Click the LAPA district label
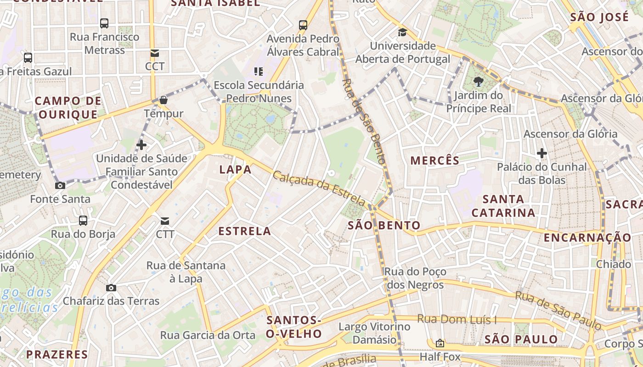pyautogui.click(x=235, y=170)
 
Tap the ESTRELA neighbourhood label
pyautogui.click(x=244, y=231)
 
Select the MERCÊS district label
pyautogui.click(x=434, y=161)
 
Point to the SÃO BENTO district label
pyautogui.click(x=384, y=225)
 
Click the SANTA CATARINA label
pyautogui.click(x=503, y=206)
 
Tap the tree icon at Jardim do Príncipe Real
pyautogui.click(x=479, y=82)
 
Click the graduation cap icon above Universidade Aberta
pyautogui.click(x=402, y=32)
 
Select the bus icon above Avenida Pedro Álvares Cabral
pyautogui.click(x=303, y=25)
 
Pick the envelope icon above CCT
pyautogui.click(x=155, y=53)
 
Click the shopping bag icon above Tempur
pyautogui.click(x=164, y=100)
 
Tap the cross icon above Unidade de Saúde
pyautogui.click(x=141, y=145)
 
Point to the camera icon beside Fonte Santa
pyautogui.click(x=60, y=185)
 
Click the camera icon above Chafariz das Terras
pyautogui.click(x=111, y=288)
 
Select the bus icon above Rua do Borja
pyautogui.click(x=83, y=221)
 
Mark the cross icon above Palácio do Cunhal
pyautogui.click(x=542, y=153)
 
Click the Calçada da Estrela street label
pyautogui.click(x=319, y=188)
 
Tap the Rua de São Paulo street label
pyautogui.click(x=558, y=310)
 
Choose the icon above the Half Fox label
pyautogui.click(x=440, y=343)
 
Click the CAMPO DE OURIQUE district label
pyautogui.click(x=68, y=108)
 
